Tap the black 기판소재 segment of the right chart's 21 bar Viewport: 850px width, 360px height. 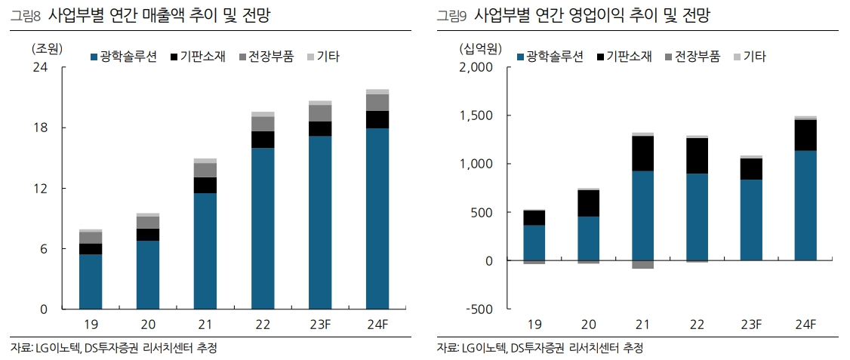642,153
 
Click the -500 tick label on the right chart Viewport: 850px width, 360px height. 478,309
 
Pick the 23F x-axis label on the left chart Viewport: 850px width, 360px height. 320,325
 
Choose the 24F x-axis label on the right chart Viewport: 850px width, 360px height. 805,325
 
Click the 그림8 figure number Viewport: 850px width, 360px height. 25,15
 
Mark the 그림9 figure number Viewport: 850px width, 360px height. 451,15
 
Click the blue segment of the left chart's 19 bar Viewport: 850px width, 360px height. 91,282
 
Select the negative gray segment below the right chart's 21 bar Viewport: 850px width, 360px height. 642,264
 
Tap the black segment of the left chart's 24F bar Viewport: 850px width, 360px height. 377,119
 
